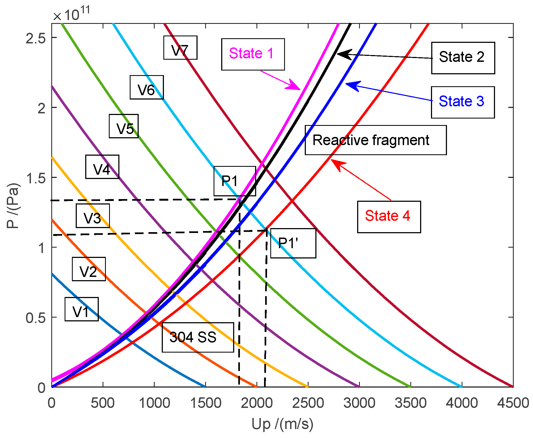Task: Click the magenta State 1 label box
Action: (x=253, y=54)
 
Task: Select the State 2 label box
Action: (x=463, y=58)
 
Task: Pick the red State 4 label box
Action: (x=389, y=217)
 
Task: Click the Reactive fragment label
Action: (x=375, y=140)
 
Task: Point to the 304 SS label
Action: (x=198, y=337)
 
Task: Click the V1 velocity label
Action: (x=81, y=309)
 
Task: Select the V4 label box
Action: (x=102, y=167)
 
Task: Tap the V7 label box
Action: (x=180, y=47)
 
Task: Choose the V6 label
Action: (x=147, y=87)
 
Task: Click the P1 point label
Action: (x=234, y=181)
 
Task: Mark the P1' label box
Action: (x=293, y=243)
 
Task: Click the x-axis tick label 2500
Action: (x=308, y=403)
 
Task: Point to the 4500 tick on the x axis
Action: (x=513, y=403)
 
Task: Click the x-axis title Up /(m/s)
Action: (x=282, y=424)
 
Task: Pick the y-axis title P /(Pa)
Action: (x=13, y=205)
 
